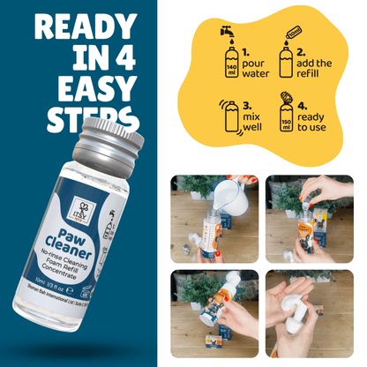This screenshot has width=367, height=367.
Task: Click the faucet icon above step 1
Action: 226,32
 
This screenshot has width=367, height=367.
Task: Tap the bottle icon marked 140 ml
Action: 231,66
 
